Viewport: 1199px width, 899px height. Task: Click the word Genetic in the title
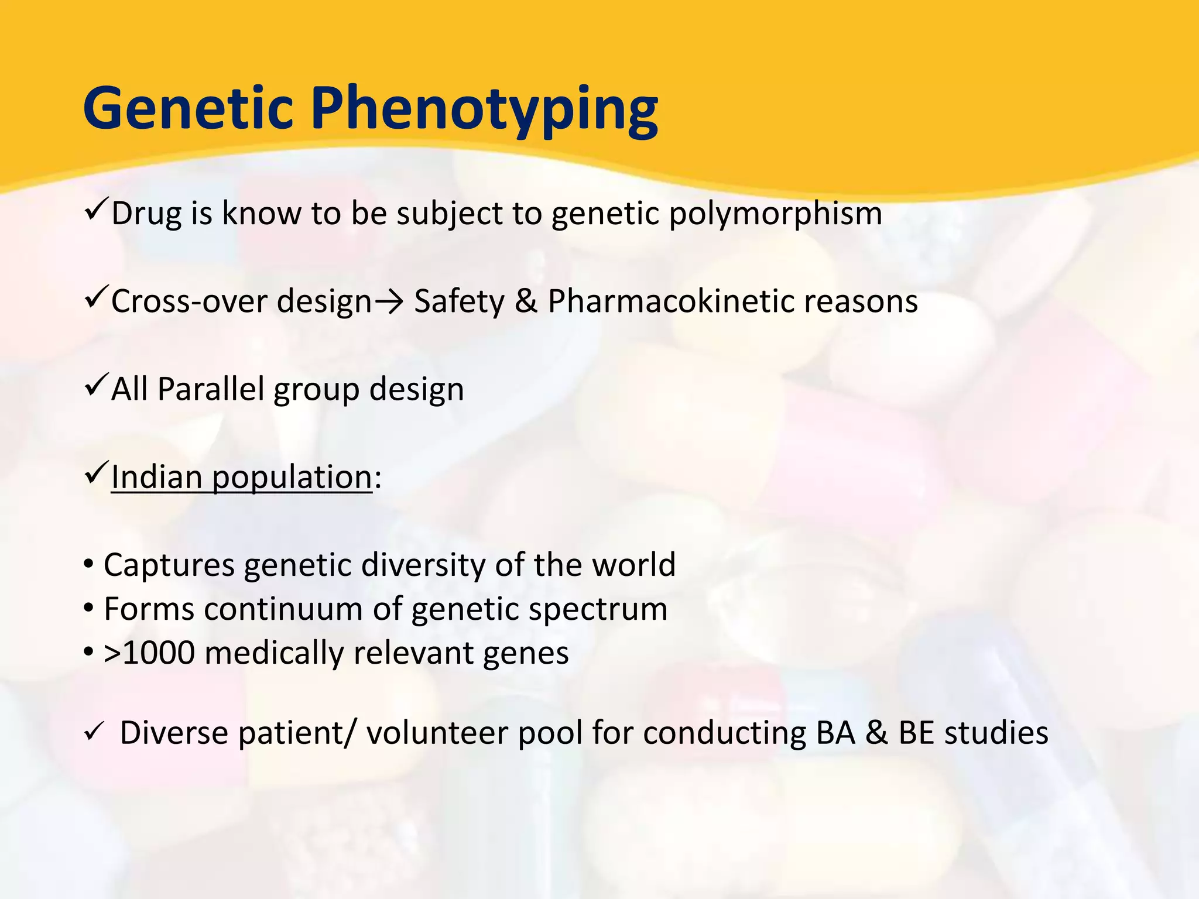pos(187,108)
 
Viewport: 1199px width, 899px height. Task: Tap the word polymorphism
pos(775,214)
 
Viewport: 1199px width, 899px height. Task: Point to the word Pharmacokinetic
pos(670,302)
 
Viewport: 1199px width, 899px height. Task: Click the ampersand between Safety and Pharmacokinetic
pos(526,302)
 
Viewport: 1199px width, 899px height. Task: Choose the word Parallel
pos(211,389)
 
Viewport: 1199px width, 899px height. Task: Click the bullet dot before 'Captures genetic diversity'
pos(88,565)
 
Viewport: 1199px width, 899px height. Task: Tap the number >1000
pos(149,653)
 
